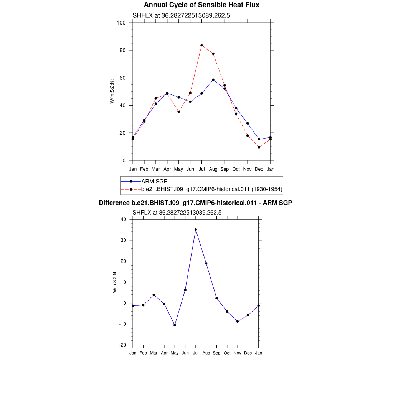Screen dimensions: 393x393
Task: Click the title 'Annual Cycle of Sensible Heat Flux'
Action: tap(201, 5)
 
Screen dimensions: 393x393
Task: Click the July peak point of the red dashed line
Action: tap(201, 45)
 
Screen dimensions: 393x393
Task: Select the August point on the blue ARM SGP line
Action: tap(213, 80)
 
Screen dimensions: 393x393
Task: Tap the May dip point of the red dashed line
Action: tap(178, 112)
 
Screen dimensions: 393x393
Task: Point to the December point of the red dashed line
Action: tap(259, 147)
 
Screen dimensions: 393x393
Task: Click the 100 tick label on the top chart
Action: tap(121, 23)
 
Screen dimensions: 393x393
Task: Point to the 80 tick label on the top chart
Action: tap(123, 50)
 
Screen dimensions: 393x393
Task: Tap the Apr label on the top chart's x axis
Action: tap(167, 169)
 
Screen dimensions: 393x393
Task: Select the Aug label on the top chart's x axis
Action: tap(213, 169)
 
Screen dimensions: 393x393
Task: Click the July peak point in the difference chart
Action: tap(196, 230)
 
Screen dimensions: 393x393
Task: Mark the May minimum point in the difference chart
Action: tap(175, 325)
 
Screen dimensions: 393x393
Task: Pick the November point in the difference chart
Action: tap(238, 322)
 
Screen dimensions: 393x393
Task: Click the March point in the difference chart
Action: tap(154, 295)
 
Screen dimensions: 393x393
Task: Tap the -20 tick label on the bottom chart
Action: tap(123, 345)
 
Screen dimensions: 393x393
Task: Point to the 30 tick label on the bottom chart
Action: tap(124, 240)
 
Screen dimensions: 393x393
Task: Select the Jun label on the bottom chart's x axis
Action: tap(185, 353)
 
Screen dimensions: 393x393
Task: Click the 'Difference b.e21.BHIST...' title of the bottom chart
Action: tap(196, 203)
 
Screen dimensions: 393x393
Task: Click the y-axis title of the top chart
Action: tap(112, 91)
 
